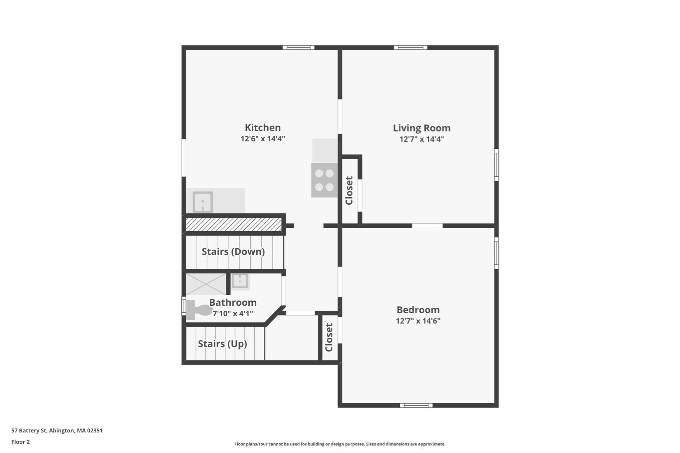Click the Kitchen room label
[263, 128]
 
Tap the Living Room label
[422, 128]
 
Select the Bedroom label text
[418, 310]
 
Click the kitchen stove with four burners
[324, 180]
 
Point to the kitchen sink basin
[203, 202]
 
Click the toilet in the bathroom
[199, 310]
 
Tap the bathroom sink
[240, 281]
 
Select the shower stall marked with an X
[206, 284]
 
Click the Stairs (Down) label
[233, 252]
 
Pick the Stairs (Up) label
[222, 344]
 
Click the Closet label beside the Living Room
[349, 190]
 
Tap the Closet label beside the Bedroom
[329, 338]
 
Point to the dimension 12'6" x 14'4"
[263, 139]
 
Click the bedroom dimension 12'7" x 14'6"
[418, 321]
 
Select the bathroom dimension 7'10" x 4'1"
[233, 314]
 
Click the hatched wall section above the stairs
[233, 224]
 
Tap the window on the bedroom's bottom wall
[416, 405]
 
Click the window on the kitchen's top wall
[298, 47]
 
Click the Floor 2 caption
[21, 442]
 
